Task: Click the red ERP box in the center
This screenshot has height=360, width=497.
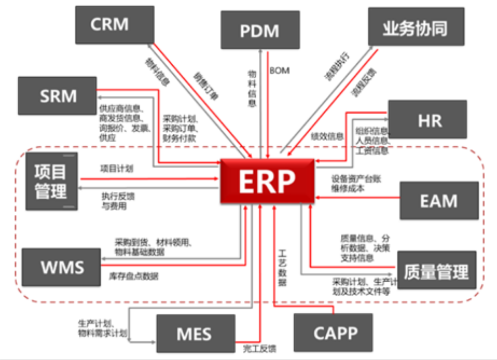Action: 267,181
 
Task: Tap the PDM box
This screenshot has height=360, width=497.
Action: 259,30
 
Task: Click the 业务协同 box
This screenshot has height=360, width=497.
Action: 416,27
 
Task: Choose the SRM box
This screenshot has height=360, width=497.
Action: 58,96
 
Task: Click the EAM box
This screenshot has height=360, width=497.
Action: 439,201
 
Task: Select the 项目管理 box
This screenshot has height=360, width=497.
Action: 51,181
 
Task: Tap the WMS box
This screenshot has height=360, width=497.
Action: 62,267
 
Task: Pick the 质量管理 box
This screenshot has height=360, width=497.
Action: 436,271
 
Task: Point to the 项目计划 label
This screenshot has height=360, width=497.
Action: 117,169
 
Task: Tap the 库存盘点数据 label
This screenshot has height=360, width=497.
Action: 134,276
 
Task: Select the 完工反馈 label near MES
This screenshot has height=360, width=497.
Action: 259,348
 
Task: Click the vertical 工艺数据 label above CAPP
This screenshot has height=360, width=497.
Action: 282,266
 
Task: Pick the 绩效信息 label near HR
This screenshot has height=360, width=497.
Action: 327,137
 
